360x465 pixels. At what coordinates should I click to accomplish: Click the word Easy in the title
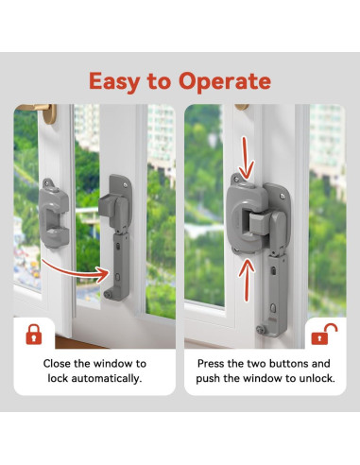[118, 80]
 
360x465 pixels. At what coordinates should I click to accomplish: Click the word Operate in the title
[224, 80]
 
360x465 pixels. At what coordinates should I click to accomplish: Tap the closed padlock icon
[33, 334]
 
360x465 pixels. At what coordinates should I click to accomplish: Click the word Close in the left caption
[59, 362]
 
